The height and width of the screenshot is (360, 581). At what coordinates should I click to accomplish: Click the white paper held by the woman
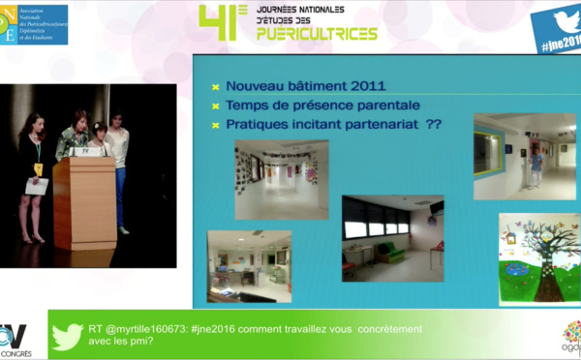tap(38, 186)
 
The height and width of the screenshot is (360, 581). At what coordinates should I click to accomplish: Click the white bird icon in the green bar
tap(68, 335)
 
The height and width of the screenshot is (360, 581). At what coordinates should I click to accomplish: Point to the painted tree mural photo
tap(538, 258)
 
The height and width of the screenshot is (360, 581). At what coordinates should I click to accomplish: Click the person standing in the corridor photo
tap(535, 166)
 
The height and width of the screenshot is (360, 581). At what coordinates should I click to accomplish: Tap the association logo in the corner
tap(34, 23)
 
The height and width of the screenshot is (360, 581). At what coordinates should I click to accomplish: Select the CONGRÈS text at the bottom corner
tap(16, 353)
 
